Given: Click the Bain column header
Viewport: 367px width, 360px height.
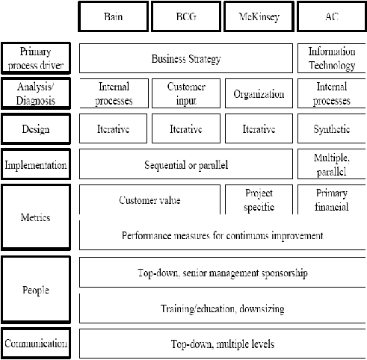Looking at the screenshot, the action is pyautogui.click(x=114, y=16).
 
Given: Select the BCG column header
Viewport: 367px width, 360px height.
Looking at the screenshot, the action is pyautogui.click(x=186, y=16).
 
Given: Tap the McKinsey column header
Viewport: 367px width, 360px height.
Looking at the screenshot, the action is pyautogui.click(x=259, y=16).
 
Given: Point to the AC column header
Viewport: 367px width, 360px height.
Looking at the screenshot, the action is pyautogui.click(x=332, y=16).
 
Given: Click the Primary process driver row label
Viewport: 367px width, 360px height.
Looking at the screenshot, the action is pyautogui.click(x=36, y=58).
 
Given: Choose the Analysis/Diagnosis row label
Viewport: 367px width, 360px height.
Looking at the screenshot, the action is pyautogui.click(x=36, y=93).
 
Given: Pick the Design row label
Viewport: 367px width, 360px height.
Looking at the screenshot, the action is pyautogui.click(x=36, y=129).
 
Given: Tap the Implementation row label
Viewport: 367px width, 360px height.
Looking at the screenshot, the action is pyautogui.click(x=36, y=164).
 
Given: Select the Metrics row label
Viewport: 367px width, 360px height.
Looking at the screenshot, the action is pyautogui.click(x=36, y=217).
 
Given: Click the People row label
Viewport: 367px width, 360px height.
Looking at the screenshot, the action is pyautogui.click(x=36, y=290).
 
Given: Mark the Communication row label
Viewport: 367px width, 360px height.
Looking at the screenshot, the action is pyautogui.click(x=36, y=344).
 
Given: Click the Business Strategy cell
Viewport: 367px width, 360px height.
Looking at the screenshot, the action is pyautogui.click(x=186, y=58).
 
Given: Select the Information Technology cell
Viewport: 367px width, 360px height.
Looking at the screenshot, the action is pyautogui.click(x=332, y=58).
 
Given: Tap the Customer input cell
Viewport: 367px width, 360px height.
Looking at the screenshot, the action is pyautogui.click(x=186, y=93).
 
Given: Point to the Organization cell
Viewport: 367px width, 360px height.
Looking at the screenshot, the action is pyautogui.click(x=259, y=93).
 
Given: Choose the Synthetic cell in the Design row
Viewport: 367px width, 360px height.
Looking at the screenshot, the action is pyautogui.click(x=332, y=129).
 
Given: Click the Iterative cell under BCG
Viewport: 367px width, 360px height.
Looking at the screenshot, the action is pyautogui.click(x=186, y=129).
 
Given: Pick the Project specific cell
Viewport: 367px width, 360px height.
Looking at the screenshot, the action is pyautogui.click(x=259, y=199).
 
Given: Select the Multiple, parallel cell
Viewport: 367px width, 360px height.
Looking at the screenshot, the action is pyautogui.click(x=332, y=164).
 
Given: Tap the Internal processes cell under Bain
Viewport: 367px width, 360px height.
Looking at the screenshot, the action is pyautogui.click(x=114, y=93).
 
